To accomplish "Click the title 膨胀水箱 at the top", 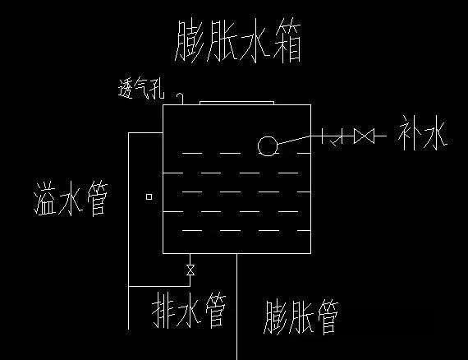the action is pyautogui.click(x=238, y=40).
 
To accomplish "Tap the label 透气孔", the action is pyautogui.click(x=141, y=89).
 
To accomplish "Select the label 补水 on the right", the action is pyautogui.click(x=422, y=132).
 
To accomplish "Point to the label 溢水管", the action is pyautogui.click(x=71, y=198).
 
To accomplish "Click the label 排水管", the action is pyautogui.click(x=189, y=310).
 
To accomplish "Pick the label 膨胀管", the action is pyautogui.click(x=301, y=317).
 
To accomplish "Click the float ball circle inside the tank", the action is pyautogui.click(x=268, y=146).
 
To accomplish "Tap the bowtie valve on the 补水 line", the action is pyautogui.click(x=364, y=136).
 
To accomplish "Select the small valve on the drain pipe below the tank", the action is pyautogui.click(x=190, y=270).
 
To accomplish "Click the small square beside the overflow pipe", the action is pyautogui.click(x=149, y=197).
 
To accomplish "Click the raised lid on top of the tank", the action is pyautogui.click(x=236, y=103).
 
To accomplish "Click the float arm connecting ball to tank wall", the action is pyautogui.click(x=294, y=140).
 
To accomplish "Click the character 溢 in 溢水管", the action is pyautogui.click(x=45, y=198).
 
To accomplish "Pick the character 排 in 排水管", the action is pyautogui.click(x=163, y=310).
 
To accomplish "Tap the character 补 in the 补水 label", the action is pyautogui.click(x=408, y=132).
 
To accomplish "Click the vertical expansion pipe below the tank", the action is pyautogui.click(x=237, y=307).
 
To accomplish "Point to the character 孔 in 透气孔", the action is pyautogui.click(x=158, y=89).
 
